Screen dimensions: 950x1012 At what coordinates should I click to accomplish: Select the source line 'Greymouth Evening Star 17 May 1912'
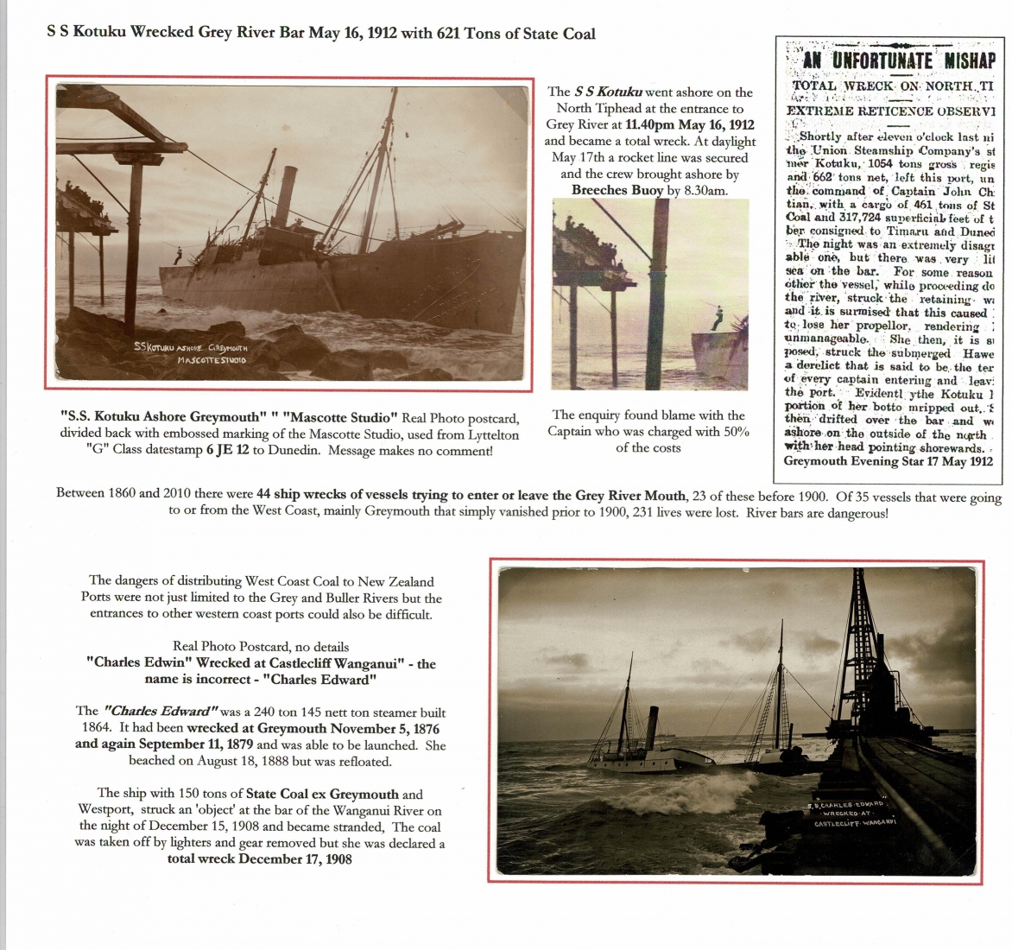[888, 461]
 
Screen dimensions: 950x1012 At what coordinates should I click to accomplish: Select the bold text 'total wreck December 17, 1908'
[259, 859]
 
